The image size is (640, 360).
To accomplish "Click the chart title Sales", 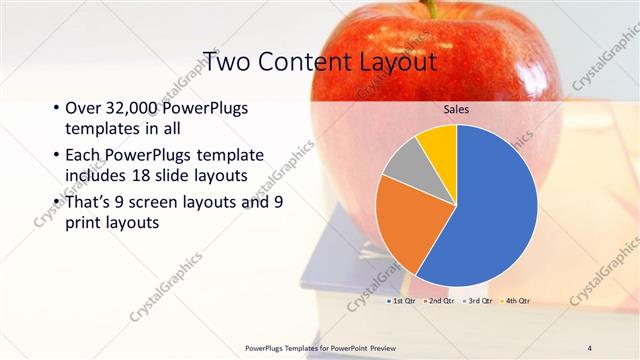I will (456, 109).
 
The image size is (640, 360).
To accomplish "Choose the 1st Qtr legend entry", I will (402, 300).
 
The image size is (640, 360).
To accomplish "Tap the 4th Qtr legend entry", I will (516, 300).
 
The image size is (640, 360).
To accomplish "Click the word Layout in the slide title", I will (398, 62).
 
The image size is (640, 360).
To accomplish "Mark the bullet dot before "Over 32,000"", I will (55, 109).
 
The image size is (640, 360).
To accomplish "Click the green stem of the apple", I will (431, 8).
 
